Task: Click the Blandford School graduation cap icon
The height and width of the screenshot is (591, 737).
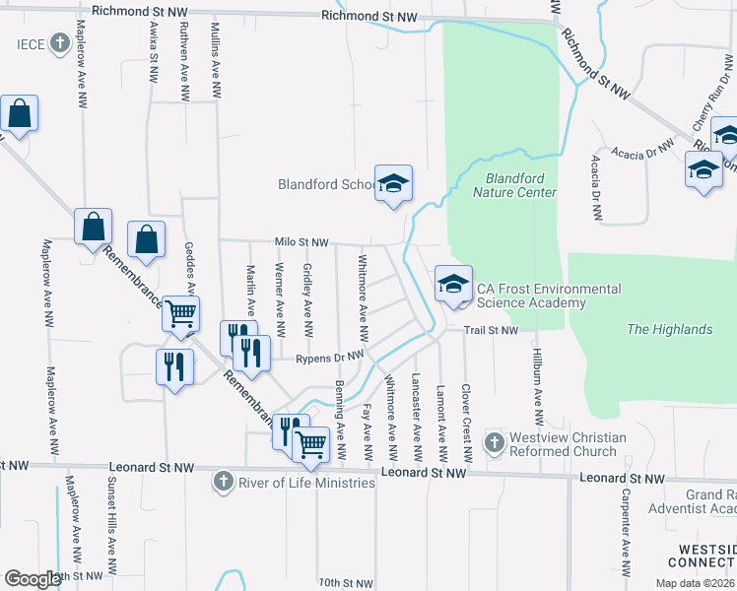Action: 393,184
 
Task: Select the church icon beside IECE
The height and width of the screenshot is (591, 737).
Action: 60,44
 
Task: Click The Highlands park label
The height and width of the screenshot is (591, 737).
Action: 669,329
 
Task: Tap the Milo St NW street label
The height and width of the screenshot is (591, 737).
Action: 301,242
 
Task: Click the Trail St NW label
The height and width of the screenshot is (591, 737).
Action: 492,330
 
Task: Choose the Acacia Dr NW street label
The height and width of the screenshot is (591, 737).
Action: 641,149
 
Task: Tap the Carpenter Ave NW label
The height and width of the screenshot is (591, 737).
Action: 625,538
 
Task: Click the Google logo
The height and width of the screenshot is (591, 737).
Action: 33,578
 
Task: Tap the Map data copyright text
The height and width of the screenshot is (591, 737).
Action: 695,583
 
